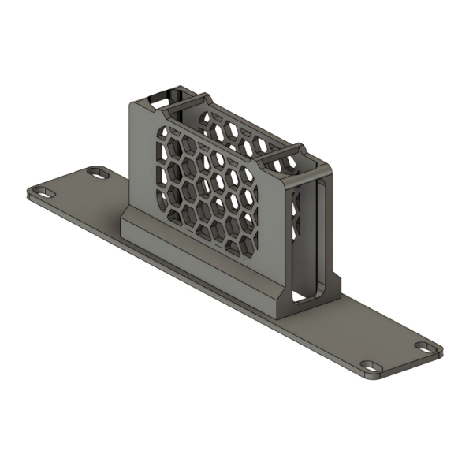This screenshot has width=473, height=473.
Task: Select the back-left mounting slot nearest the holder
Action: [x=99, y=171]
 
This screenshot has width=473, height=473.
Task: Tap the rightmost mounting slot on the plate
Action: [x=424, y=346]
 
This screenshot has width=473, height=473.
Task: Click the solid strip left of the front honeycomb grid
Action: [x=142, y=166]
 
